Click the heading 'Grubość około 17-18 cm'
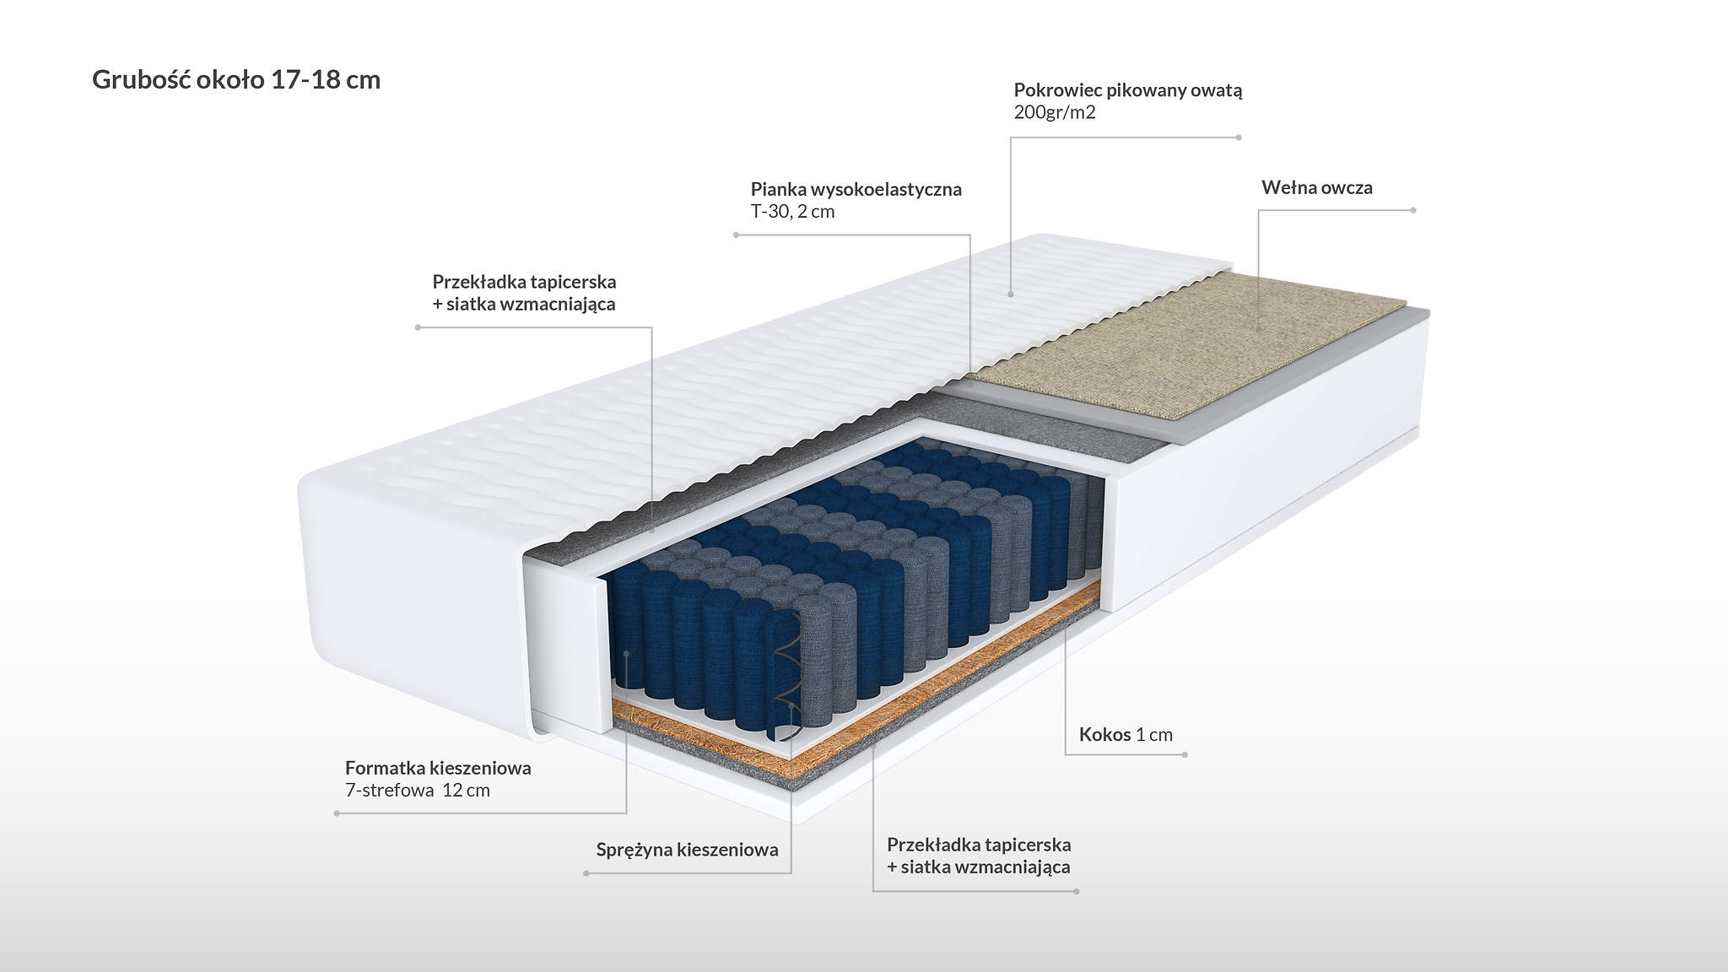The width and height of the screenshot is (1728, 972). click(236, 80)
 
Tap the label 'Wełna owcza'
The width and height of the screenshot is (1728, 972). click(1317, 187)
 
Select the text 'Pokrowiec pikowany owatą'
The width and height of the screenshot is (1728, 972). click(1128, 90)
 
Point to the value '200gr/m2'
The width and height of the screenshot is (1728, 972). click(1055, 112)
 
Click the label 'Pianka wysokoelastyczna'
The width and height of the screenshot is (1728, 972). click(856, 189)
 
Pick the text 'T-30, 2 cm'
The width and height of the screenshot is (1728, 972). click(792, 212)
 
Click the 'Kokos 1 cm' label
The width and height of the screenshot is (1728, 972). click(1126, 734)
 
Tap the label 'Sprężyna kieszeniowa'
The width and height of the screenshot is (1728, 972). click(687, 850)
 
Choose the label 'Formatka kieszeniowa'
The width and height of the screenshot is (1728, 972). click(438, 768)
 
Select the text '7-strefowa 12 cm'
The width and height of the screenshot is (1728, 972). click(418, 791)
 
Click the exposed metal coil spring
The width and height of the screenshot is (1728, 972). click(788, 674)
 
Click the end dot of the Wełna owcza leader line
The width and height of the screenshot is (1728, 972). click(1413, 210)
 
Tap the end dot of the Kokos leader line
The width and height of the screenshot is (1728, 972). click(1185, 754)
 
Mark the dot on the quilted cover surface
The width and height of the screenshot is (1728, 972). click(1011, 294)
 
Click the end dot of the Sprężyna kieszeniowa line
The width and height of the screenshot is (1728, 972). click(586, 873)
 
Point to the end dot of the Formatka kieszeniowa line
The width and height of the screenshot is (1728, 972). click(337, 813)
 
